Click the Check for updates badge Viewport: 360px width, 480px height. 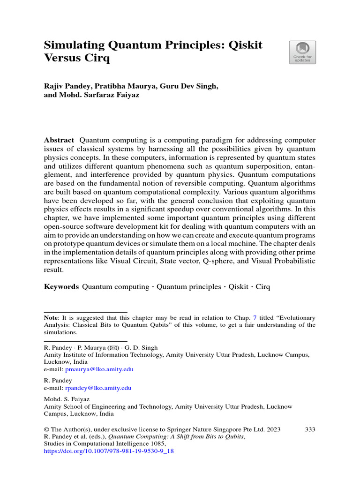point(302,52)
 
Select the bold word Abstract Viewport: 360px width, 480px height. point(59,140)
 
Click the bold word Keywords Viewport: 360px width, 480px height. point(61,286)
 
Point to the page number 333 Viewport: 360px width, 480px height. point(310,429)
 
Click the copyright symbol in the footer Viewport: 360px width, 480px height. point(46,429)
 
